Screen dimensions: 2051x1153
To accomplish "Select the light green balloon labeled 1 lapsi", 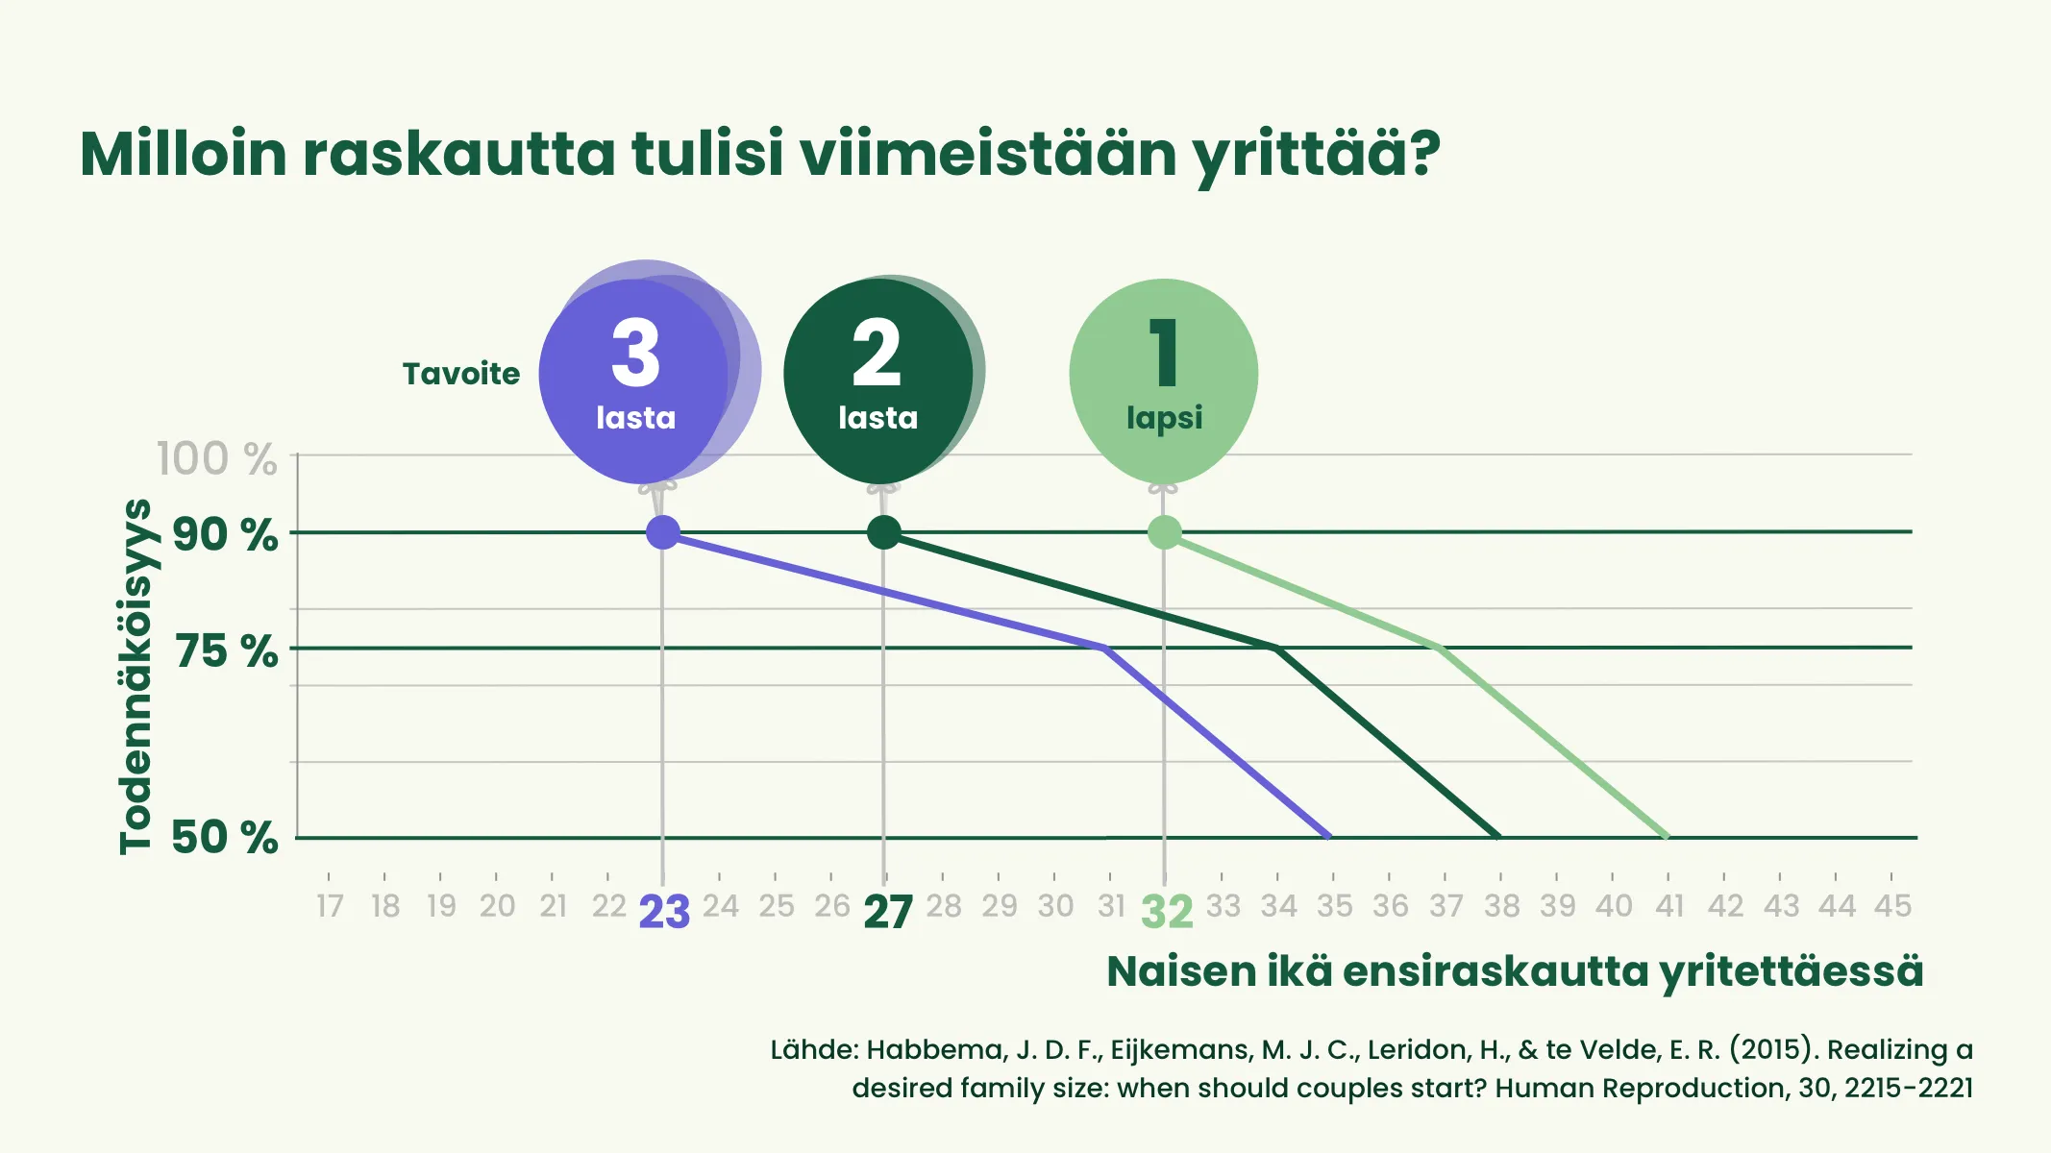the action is tap(1163, 380).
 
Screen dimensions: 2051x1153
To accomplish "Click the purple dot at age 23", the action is tap(663, 531).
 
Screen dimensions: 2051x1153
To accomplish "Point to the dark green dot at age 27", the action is tap(884, 531).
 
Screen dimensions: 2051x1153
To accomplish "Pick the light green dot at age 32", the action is tap(1165, 531).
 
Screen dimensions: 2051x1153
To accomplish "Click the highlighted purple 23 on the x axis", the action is tap(664, 912).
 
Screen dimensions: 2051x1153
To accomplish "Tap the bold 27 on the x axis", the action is tap(888, 912).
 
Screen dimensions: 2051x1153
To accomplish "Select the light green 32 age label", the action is tap(1167, 912).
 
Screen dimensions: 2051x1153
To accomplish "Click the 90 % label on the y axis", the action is tap(225, 534).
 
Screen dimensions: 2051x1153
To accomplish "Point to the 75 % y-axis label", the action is tap(226, 651).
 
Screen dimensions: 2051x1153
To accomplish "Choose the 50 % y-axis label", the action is tap(225, 837).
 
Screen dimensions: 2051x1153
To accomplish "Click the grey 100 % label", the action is tap(217, 458).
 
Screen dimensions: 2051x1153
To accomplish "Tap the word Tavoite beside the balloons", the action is tap(461, 373).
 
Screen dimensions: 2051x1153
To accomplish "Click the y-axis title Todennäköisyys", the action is tap(136, 676).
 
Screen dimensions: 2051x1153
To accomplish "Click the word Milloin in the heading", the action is tap(184, 154).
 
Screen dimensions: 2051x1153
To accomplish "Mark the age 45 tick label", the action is tap(1893, 905).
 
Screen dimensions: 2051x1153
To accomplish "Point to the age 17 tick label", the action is tap(330, 905).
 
